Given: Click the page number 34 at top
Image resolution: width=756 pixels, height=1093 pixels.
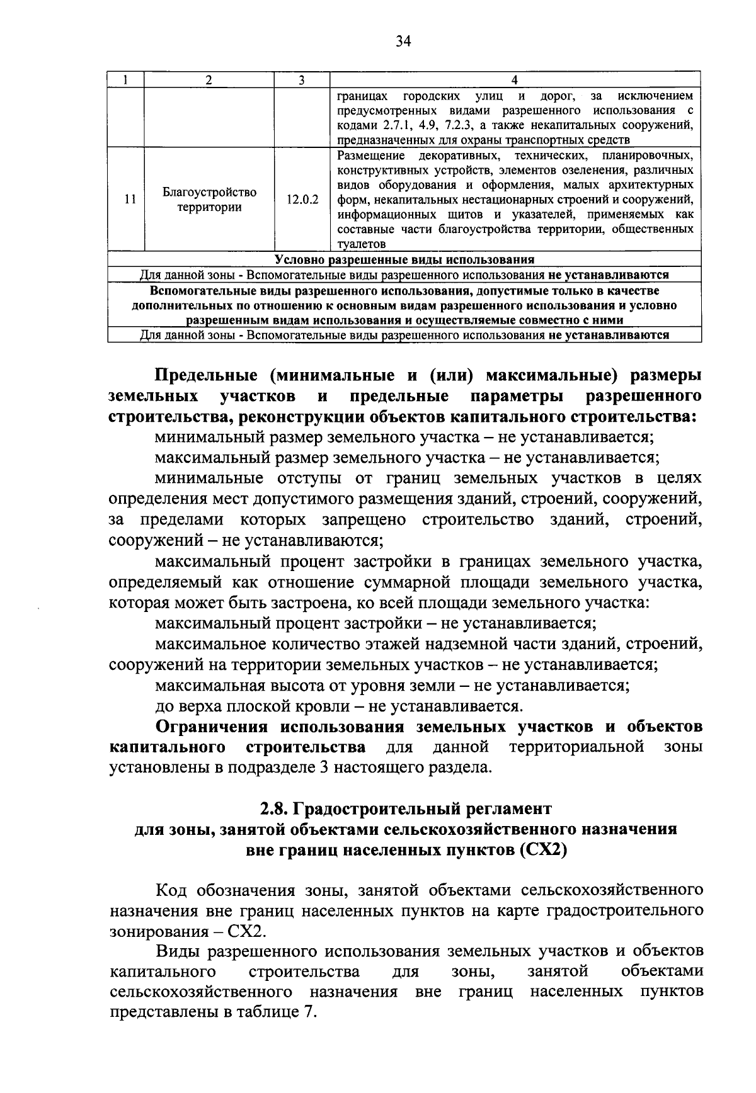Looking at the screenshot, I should coord(403,42).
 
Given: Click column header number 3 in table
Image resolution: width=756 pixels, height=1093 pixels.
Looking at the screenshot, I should coord(302,80).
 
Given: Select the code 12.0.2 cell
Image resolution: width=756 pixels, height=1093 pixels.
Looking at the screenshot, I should coord(302,199).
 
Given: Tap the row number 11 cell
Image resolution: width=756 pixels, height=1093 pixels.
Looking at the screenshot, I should coord(126,199).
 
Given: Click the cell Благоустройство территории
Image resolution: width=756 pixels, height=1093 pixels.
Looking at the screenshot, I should coord(209,199).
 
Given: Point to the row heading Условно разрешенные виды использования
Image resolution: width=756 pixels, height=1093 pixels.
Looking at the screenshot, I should coord(404,259).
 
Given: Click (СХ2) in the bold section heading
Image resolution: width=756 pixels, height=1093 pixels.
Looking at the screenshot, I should coord(544,850).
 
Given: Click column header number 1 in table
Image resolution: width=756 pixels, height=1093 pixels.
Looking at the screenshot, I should coord(126,80).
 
